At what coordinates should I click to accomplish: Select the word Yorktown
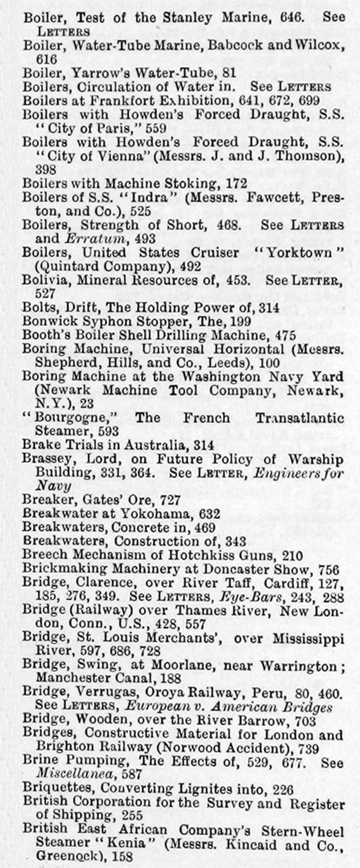pos(299,252)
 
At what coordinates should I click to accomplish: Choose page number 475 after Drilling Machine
pos(285,335)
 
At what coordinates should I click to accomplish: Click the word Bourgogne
pos(72,418)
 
